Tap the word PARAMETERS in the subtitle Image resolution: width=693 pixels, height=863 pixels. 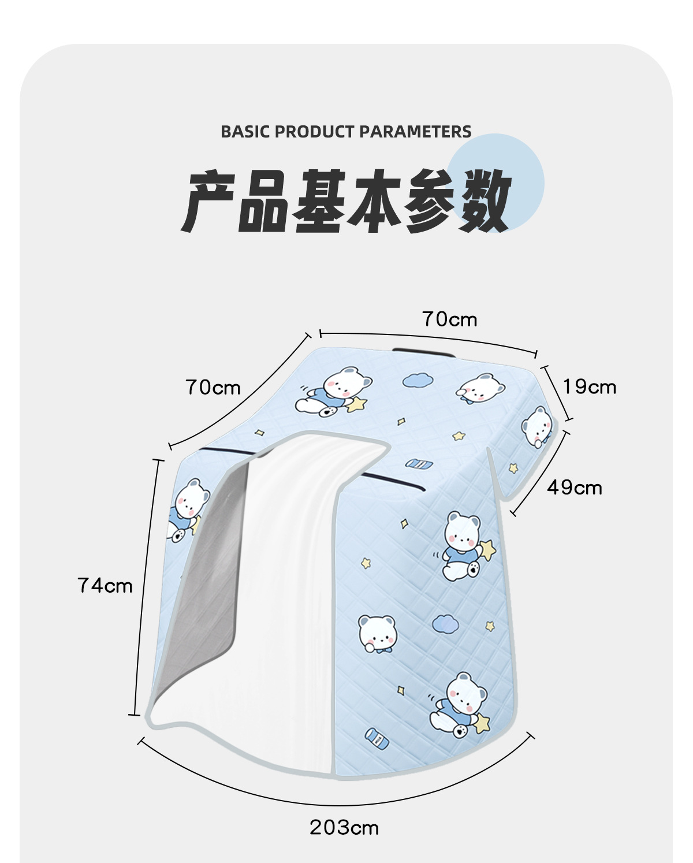415,132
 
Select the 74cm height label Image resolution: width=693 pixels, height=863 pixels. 105,586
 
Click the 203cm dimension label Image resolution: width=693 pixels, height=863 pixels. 344,827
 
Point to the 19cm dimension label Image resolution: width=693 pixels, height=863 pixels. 590,386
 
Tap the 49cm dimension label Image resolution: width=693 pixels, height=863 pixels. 575,488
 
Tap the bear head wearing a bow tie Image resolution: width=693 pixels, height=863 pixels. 377,632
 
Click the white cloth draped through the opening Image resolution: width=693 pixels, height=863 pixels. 289,578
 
